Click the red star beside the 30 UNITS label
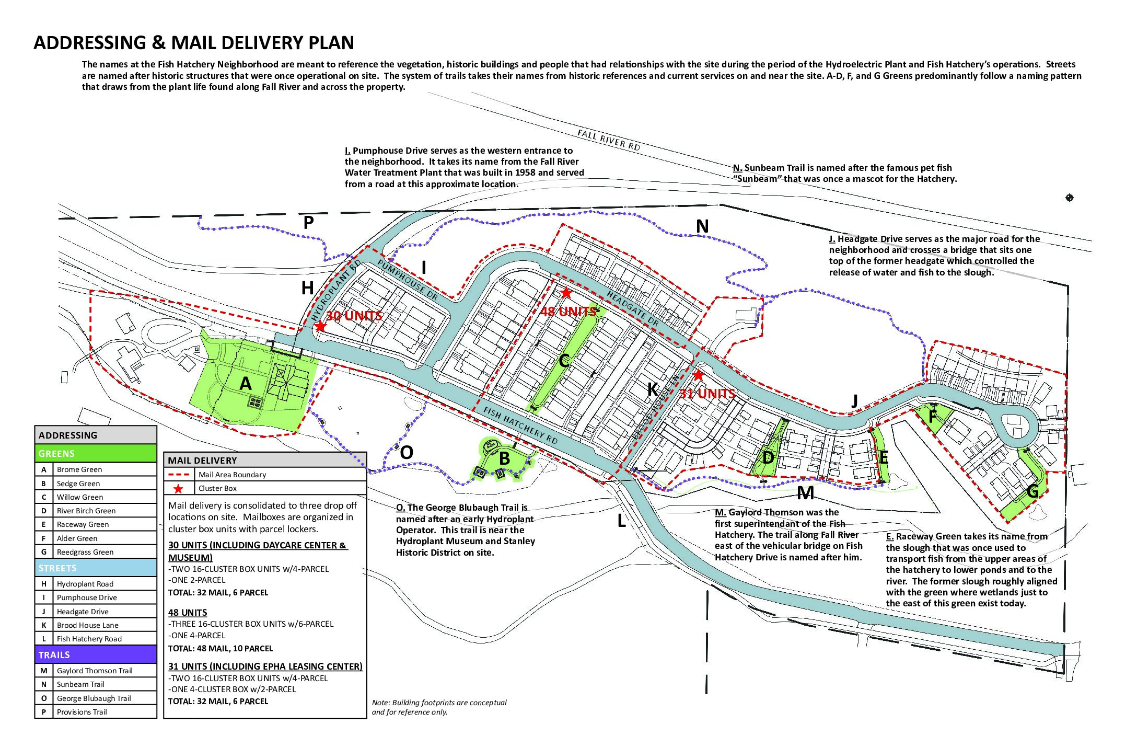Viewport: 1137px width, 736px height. click(x=320, y=327)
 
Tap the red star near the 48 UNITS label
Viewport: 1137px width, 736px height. click(x=566, y=293)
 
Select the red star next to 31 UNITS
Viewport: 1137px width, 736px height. click(x=698, y=375)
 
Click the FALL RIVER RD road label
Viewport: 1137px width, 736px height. click(x=609, y=140)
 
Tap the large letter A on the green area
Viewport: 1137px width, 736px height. click(x=245, y=384)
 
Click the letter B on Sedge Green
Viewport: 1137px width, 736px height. click(x=504, y=458)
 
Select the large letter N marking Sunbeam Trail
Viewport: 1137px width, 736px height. click(x=702, y=226)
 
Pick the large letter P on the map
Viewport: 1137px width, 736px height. click(x=309, y=223)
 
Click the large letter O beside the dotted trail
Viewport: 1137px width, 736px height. click(x=407, y=452)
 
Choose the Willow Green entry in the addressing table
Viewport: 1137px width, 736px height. click(x=80, y=497)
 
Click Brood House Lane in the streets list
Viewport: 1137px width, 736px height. click(x=88, y=625)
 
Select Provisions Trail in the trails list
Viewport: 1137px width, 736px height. click(x=82, y=712)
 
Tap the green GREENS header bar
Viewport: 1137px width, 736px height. click(x=96, y=453)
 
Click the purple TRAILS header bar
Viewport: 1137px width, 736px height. click(x=96, y=654)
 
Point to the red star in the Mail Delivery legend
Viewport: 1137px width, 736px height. click(x=178, y=489)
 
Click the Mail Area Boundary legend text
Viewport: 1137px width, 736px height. click(x=232, y=475)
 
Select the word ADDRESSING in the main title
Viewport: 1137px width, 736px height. click(x=90, y=42)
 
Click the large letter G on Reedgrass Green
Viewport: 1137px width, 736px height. click(x=1032, y=491)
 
